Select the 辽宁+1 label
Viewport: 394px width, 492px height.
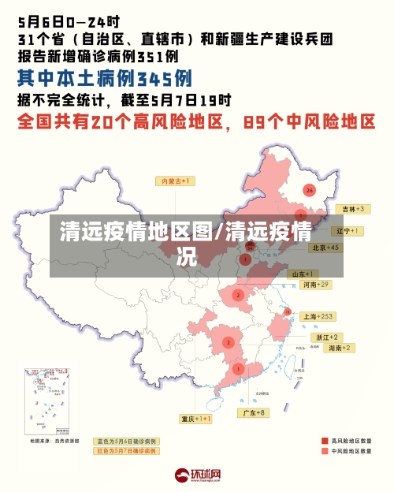(348, 231)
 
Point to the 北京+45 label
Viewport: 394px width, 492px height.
(325, 248)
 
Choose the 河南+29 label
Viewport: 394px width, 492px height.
(315, 285)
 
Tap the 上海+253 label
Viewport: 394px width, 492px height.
(318, 316)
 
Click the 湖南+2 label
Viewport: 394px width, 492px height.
(340, 348)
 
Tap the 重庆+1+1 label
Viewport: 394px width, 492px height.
(196, 419)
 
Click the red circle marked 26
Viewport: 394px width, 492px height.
(310, 190)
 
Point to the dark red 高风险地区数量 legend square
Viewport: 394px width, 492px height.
(324, 441)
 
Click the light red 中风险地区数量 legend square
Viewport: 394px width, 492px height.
(324, 452)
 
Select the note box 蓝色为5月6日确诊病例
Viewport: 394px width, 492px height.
(126, 441)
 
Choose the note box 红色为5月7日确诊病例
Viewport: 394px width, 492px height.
(126, 451)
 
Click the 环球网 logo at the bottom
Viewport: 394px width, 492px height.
(196, 475)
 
